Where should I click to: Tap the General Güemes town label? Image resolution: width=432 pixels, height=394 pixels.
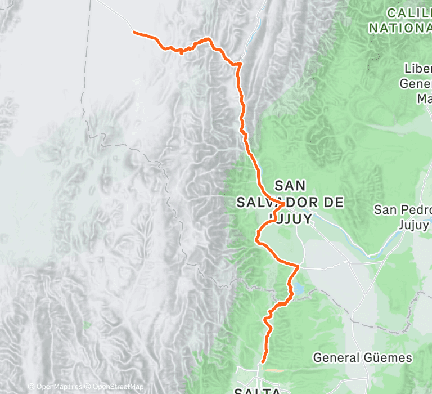click(x=362, y=357)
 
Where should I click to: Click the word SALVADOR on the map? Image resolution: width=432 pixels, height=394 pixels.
click(x=289, y=202)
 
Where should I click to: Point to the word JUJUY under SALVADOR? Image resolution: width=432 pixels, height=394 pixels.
click(x=291, y=218)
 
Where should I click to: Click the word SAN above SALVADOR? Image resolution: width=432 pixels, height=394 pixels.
click(x=291, y=185)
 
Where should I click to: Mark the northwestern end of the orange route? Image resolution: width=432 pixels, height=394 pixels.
click(x=134, y=32)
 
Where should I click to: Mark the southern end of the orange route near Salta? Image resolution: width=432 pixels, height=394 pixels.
click(x=262, y=361)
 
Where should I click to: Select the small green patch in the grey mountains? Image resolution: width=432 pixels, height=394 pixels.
click(x=86, y=325)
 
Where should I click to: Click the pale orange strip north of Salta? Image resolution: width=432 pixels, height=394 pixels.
click(x=274, y=370)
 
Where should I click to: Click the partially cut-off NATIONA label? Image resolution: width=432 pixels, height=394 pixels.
click(x=400, y=26)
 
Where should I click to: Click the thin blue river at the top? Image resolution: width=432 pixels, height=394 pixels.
click(x=259, y=23)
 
